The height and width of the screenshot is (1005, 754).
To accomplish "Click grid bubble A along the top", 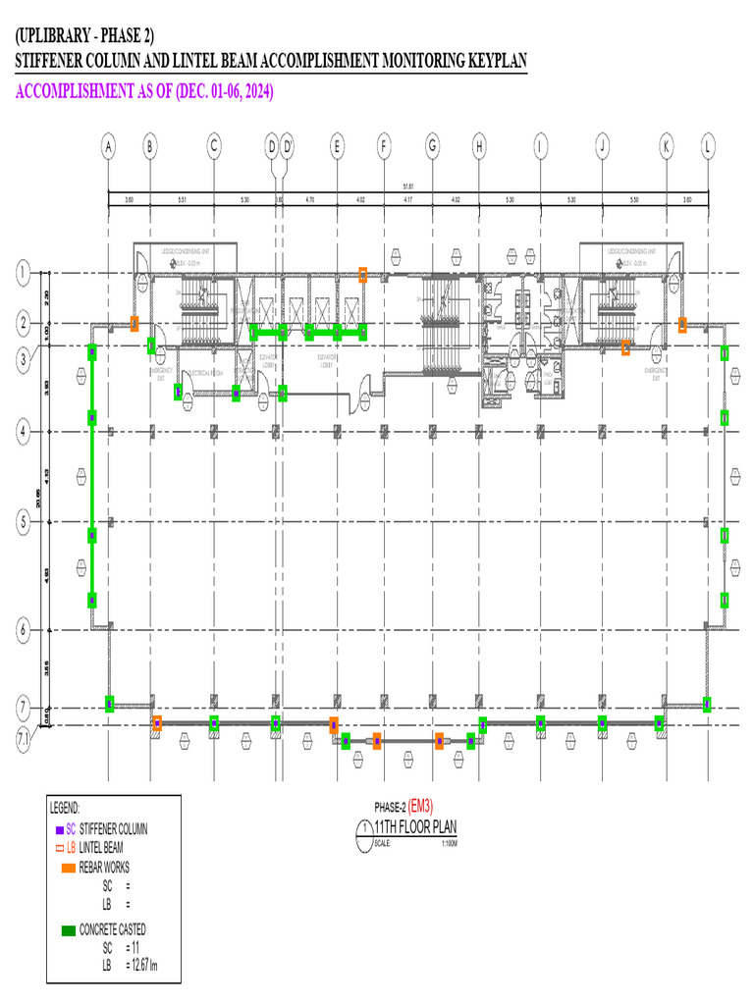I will tap(108, 147).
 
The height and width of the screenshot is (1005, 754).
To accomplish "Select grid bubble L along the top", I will tap(708, 147).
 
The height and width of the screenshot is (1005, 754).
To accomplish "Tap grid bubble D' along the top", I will tap(288, 147).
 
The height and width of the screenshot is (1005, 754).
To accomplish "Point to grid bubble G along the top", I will tap(432, 147).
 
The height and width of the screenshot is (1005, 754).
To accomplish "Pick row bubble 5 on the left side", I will tap(23, 522).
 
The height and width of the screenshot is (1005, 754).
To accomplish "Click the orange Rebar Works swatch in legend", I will tap(68, 868).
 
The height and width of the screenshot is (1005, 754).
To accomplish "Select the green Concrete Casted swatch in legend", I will tap(68, 929).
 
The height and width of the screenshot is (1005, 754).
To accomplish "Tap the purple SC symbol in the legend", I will tap(60, 829).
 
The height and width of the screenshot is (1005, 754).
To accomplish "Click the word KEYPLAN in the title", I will tap(492, 61).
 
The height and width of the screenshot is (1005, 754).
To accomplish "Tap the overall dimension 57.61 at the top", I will tap(407, 185).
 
